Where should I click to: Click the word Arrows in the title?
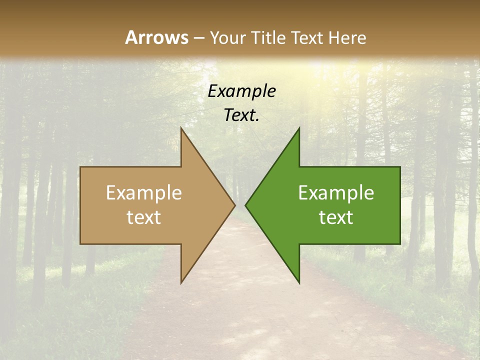pyautogui.click(x=156, y=37)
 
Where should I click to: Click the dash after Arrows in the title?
pyautogui.click(x=198, y=38)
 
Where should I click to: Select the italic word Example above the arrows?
pyautogui.click(x=242, y=91)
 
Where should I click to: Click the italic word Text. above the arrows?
pyautogui.click(x=242, y=115)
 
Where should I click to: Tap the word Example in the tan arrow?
pyautogui.click(x=144, y=192)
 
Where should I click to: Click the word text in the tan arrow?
pyautogui.click(x=144, y=217)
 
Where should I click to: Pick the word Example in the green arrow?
pyautogui.click(x=336, y=192)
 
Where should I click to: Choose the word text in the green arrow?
pyautogui.click(x=336, y=217)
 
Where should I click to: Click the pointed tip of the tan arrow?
pyautogui.click(x=234, y=205)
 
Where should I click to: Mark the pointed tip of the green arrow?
pyautogui.click(x=245, y=205)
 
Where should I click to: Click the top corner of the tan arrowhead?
pyautogui.click(x=181, y=128)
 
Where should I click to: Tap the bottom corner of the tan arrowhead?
pyautogui.click(x=181, y=282)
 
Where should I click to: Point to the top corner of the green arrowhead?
pyautogui.click(x=299, y=128)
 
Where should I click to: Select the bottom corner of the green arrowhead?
pyautogui.click(x=299, y=282)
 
